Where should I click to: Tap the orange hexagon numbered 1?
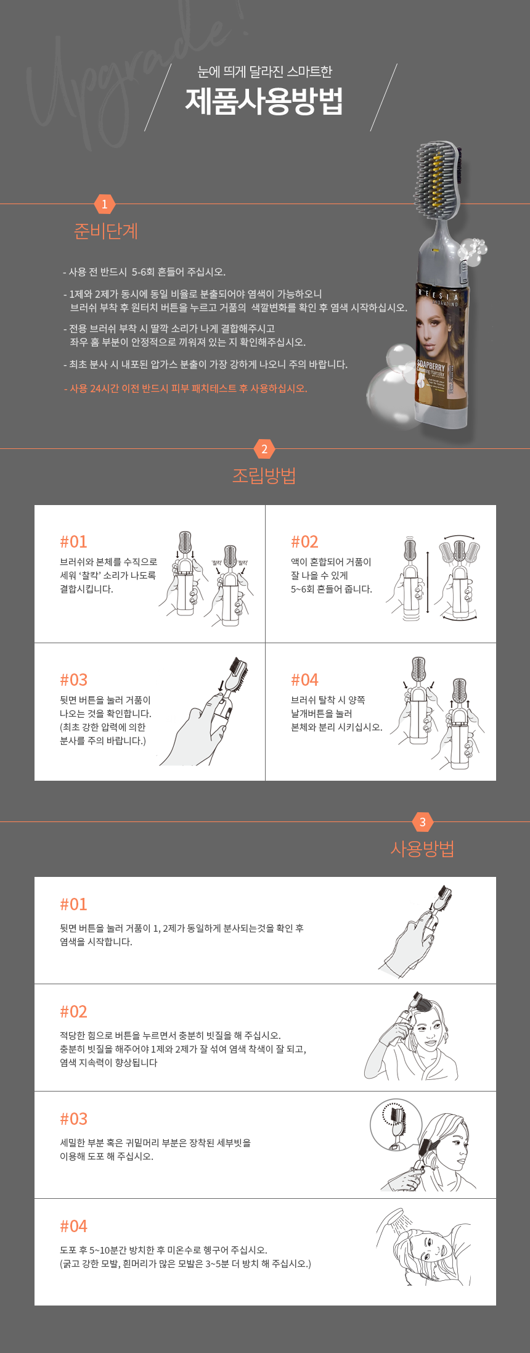point(104,204)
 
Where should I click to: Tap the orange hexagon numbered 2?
point(264,449)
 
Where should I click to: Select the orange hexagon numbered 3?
point(422,822)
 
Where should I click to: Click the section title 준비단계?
point(105,231)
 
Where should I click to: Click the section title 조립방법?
point(264,475)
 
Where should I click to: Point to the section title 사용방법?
point(422,849)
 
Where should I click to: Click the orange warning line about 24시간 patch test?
point(185,389)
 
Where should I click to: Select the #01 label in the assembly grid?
point(73,541)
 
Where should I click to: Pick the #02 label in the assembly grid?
point(304,541)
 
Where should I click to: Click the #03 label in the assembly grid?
point(73,680)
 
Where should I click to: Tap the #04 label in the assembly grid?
point(304,680)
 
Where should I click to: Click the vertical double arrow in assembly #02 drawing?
point(428,583)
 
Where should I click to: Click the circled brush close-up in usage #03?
point(395,1124)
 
